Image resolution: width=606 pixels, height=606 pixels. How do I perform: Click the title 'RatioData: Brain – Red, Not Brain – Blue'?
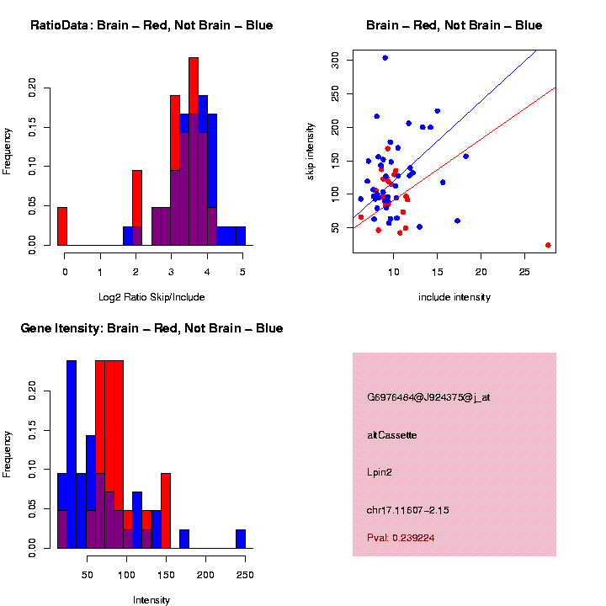pyautogui.click(x=151, y=25)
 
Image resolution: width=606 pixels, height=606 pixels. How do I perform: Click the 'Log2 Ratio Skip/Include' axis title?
pyautogui.click(x=151, y=297)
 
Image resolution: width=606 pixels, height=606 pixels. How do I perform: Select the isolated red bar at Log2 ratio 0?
pyautogui.click(x=62, y=226)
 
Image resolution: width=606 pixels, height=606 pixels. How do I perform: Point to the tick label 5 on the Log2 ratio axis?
pyautogui.click(x=242, y=272)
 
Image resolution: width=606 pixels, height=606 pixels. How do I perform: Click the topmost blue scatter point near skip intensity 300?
pyautogui.click(x=385, y=57)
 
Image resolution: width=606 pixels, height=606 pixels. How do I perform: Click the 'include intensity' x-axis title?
pyautogui.click(x=454, y=297)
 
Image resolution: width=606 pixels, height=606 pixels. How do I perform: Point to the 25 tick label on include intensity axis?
pyautogui.click(x=524, y=272)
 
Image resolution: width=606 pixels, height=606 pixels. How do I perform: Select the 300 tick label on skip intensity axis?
pyautogui.click(x=336, y=58)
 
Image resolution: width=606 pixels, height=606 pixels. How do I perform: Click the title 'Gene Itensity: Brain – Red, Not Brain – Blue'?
pyautogui.click(x=151, y=328)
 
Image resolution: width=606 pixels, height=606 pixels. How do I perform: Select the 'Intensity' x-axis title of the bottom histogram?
pyautogui.click(x=151, y=600)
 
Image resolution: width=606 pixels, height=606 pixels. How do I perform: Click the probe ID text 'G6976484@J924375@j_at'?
pyautogui.click(x=428, y=397)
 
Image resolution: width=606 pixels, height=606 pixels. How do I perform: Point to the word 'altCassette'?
pyautogui.click(x=392, y=435)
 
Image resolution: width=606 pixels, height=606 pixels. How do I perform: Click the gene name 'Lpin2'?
pyautogui.click(x=380, y=472)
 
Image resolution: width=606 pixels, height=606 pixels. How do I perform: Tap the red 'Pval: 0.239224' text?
pyautogui.click(x=401, y=538)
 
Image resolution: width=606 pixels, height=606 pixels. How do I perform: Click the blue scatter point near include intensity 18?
pyautogui.click(x=465, y=156)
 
